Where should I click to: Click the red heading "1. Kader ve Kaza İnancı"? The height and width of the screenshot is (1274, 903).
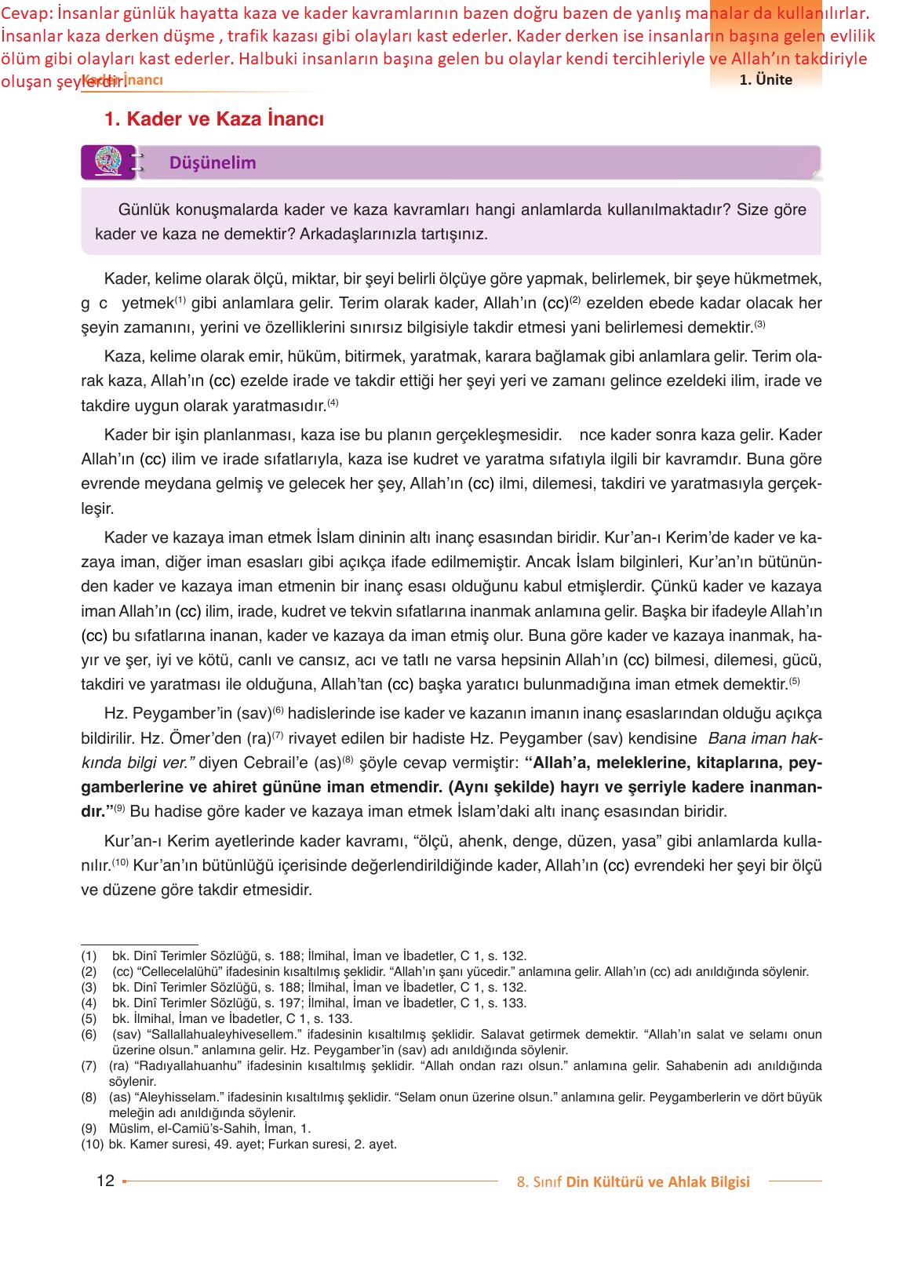tap(213, 119)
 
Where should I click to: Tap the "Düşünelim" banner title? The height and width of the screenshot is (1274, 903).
tap(213, 163)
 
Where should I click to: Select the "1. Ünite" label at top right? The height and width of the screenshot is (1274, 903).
tap(765, 80)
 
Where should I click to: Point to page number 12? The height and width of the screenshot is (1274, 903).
tap(105, 1181)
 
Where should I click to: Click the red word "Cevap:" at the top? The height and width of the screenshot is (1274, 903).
tap(26, 13)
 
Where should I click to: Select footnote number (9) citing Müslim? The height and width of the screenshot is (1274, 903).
tap(89, 1128)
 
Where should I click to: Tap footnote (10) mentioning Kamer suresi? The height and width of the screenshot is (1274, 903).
tap(92, 1144)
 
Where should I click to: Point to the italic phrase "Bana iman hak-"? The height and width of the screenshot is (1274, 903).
tap(764, 738)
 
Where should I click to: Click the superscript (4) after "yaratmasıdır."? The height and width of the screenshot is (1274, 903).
tap(333, 402)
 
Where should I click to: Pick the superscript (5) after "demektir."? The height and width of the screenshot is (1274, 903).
tap(794, 680)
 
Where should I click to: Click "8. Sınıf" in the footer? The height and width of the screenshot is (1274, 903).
tap(539, 1182)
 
